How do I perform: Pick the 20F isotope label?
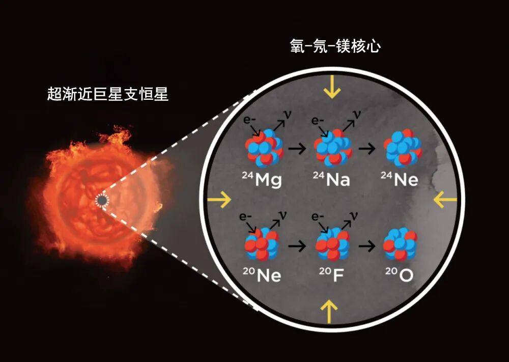(330, 275)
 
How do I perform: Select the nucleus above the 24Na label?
(332, 149)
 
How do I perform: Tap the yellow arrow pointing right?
(219, 200)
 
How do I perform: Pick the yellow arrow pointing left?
(445, 200)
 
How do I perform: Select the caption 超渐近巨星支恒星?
(108, 94)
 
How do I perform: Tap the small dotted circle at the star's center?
(102, 201)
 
